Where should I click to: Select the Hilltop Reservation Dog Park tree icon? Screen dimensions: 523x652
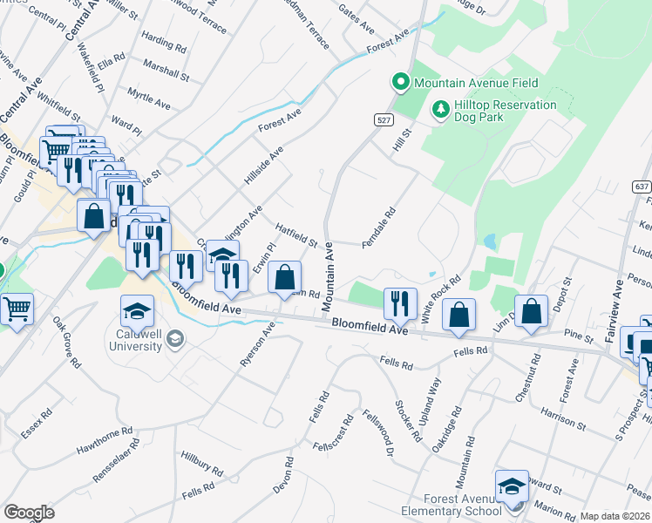[x=440, y=110]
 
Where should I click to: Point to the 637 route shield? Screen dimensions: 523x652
[x=641, y=187]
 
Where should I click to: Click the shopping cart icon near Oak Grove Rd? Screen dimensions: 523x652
[x=17, y=308]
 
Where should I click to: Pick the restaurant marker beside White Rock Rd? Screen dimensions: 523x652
[x=399, y=303]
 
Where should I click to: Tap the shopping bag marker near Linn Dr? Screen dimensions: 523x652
[x=530, y=311]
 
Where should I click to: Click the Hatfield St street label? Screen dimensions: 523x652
[x=295, y=234]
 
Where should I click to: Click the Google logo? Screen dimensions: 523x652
[x=29, y=512]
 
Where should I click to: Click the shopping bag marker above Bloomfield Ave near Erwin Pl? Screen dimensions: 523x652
[x=285, y=279]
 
